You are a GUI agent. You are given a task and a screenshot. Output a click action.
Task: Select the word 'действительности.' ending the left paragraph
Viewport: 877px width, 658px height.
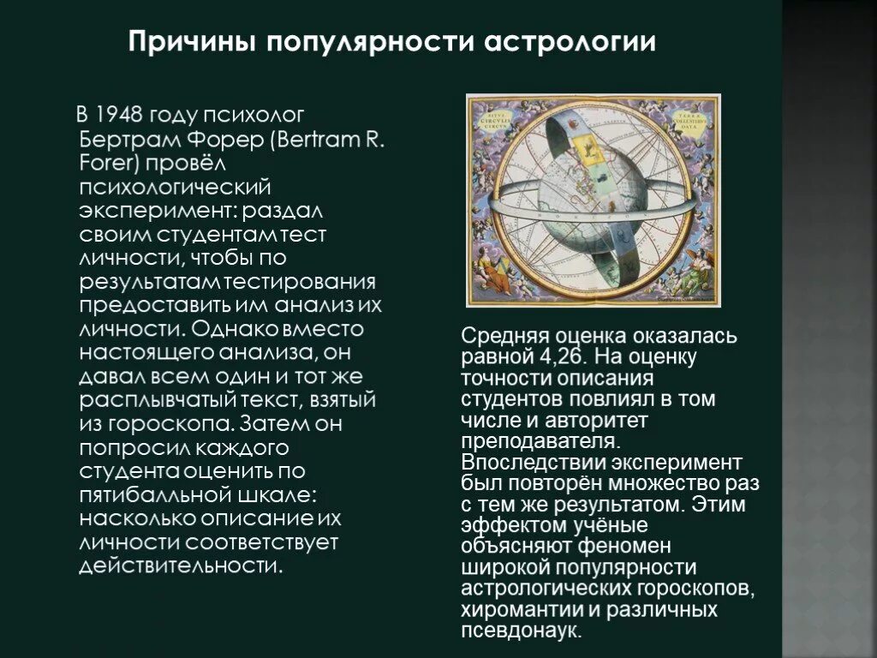tap(181, 566)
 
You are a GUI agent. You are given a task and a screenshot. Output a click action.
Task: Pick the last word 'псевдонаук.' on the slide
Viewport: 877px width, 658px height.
tap(521, 631)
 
